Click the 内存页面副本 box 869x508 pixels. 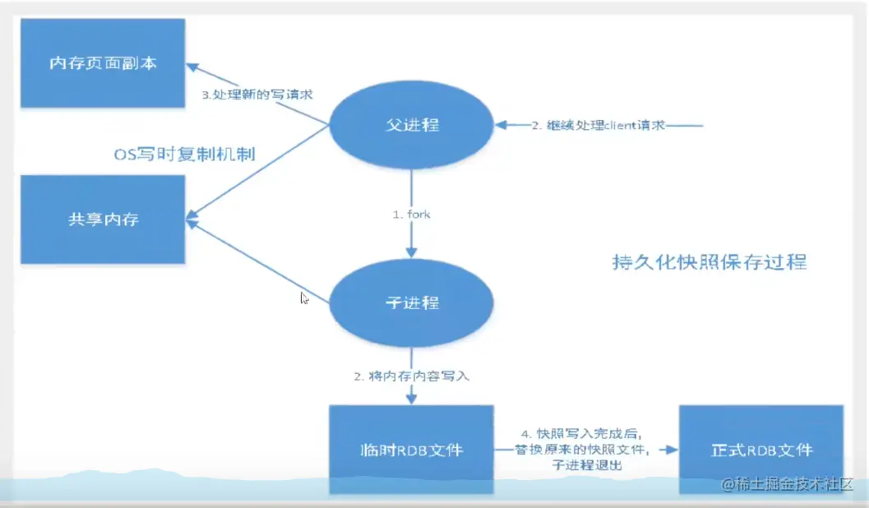(x=103, y=62)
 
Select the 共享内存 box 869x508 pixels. (x=103, y=219)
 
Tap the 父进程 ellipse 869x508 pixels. (x=411, y=125)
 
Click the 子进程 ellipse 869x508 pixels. (x=411, y=303)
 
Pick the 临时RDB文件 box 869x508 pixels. (x=411, y=450)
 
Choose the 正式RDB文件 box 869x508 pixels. (x=761, y=450)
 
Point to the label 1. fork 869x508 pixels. (x=411, y=215)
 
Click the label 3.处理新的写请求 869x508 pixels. (x=257, y=95)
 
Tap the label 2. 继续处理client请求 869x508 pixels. (x=598, y=126)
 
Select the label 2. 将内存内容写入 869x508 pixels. (x=411, y=376)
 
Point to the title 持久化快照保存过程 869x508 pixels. (x=710, y=262)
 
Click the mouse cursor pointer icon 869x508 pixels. (x=304, y=298)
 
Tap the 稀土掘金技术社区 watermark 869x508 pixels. (x=788, y=484)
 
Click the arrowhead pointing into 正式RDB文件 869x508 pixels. (x=672, y=450)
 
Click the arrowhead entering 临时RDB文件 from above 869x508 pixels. (x=411, y=398)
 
